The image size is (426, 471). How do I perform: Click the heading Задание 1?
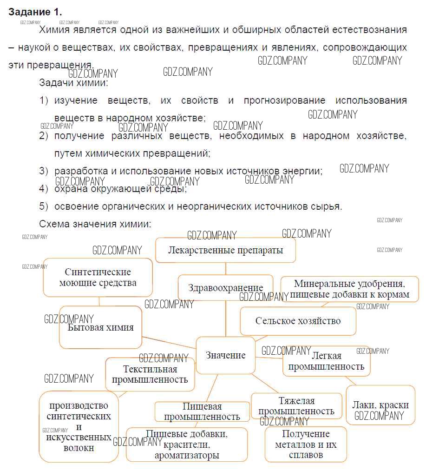(35, 12)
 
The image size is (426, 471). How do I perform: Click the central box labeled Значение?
(226, 355)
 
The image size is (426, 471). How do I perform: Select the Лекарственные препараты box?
(225, 250)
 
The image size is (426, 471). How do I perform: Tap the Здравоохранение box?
(226, 288)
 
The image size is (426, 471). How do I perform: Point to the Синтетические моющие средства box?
(98, 277)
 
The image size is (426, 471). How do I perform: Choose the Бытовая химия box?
(100, 327)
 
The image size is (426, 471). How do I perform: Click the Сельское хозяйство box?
(298, 321)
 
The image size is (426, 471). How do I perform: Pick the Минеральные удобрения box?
(349, 289)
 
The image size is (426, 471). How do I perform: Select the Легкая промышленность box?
(326, 361)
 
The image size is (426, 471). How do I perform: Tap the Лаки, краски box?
(380, 405)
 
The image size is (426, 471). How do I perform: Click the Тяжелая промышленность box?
(296, 406)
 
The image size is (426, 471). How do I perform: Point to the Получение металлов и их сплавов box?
(306, 444)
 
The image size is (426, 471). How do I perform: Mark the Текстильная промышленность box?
(150, 374)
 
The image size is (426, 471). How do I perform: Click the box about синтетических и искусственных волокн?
(79, 426)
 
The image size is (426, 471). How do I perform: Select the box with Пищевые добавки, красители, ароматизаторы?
(187, 444)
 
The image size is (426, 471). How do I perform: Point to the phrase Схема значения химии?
(95, 224)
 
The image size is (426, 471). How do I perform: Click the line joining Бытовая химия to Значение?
(169, 343)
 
